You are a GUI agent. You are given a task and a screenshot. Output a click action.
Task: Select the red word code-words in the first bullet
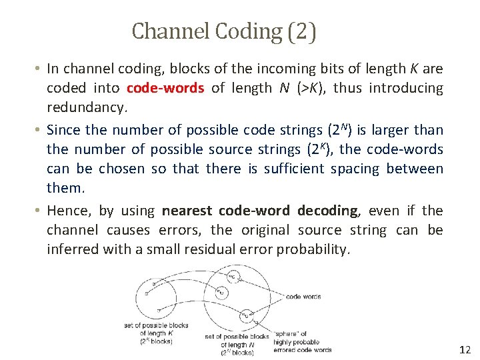click(x=165, y=88)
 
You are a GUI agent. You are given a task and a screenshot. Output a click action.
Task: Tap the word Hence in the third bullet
click(x=67, y=211)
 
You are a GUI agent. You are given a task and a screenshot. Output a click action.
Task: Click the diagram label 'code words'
click(x=303, y=297)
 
